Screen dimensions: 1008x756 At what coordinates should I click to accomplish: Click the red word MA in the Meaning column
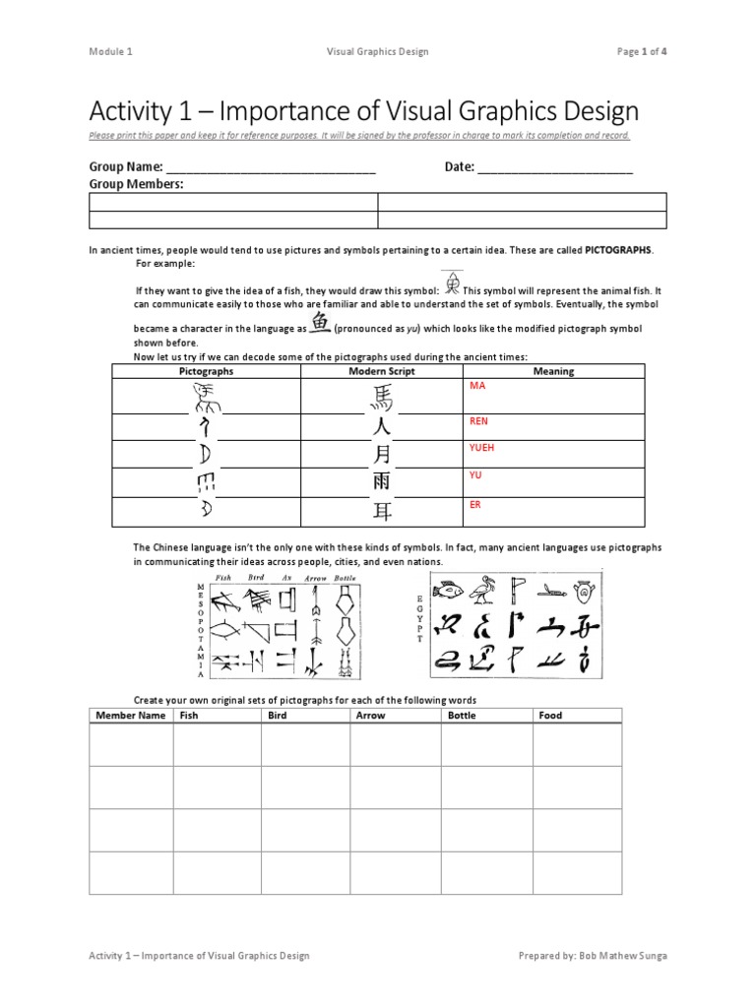pyautogui.click(x=477, y=386)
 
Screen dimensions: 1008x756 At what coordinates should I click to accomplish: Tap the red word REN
pyautogui.click(x=478, y=421)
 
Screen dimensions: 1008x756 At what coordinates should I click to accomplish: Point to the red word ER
pyautogui.click(x=475, y=504)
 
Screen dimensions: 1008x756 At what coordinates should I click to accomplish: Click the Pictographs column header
pyautogui.click(x=206, y=371)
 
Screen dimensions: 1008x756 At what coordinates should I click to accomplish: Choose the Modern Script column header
pyautogui.click(x=382, y=371)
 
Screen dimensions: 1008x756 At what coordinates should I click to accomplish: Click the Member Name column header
pyautogui.click(x=131, y=715)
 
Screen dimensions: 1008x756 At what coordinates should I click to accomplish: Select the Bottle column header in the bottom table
pyautogui.click(x=462, y=715)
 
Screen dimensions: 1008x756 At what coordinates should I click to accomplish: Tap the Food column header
pyautogui.click(x=550, y=715)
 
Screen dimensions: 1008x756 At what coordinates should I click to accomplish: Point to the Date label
pyautogui.click(x=459, y=167)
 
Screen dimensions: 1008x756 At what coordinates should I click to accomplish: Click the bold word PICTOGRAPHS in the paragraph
pyautogui.click(x=618, y=250)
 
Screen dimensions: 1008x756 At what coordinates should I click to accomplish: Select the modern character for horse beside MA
pyautogui.click(x=381, y=397)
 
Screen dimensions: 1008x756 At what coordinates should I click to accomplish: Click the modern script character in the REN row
pyautogui.click(x=381, y=427)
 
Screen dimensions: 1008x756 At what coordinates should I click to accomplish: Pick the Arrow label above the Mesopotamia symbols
pyautogui.click(x=315, y=578)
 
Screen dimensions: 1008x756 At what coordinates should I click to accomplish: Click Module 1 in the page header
pyautogui.click(x=109, y=51)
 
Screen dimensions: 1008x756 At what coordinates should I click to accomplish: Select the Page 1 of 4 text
pyautogui.click(x=642, y=51)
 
